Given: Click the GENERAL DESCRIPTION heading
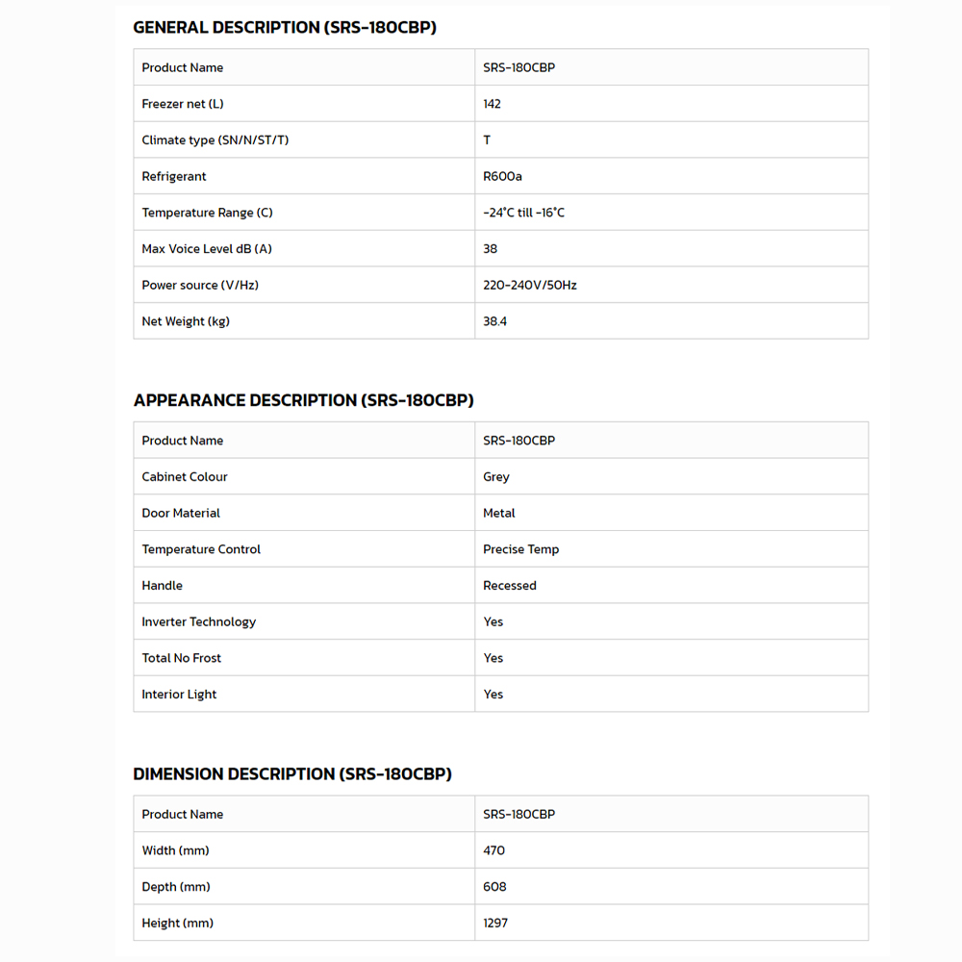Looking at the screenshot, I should (x=285, y=28).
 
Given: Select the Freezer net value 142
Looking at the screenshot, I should (x=492, y=104).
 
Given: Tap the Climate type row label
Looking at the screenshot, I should (x=215, y=140).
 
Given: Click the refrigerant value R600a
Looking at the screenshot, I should (x=502, y=177).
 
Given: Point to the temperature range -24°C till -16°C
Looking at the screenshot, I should (x=523, y=213).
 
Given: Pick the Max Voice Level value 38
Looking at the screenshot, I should (x=490, y=249).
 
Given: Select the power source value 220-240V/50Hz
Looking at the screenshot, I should (x=529, y=286).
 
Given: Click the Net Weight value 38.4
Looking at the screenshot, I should (x=494, y=321).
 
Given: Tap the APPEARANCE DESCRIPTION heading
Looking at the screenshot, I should (x=303, y=400).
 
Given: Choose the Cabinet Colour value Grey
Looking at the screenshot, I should (x=495, y=477).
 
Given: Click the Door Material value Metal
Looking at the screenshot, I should (x=498, y=514).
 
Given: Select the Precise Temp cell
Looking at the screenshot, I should (x=520, y=549).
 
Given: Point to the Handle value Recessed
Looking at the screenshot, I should (x=509, y=586).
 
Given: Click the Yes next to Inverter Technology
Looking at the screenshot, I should (x=493, y=622).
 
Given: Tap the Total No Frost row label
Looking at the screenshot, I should (x=181, y=658).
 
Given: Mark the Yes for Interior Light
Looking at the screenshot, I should (x=493, y=695).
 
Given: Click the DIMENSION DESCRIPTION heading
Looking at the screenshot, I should (x=292, y=773).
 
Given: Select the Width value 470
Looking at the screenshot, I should (x=494, y=850).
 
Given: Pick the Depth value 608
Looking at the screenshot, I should (x=494, y=887).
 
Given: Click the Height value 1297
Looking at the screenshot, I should (x=495, y=924).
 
